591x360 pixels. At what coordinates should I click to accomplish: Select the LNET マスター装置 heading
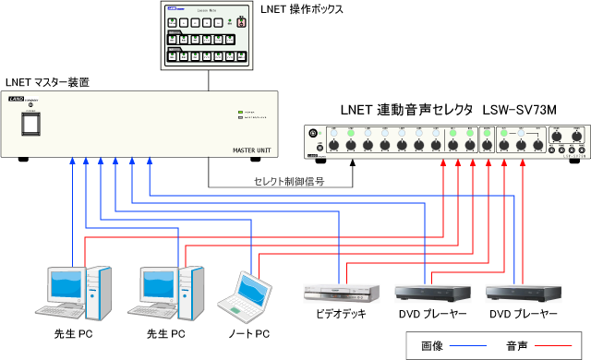(x=48, y=83)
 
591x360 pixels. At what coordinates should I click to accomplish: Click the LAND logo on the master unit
(x=31, y=99)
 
